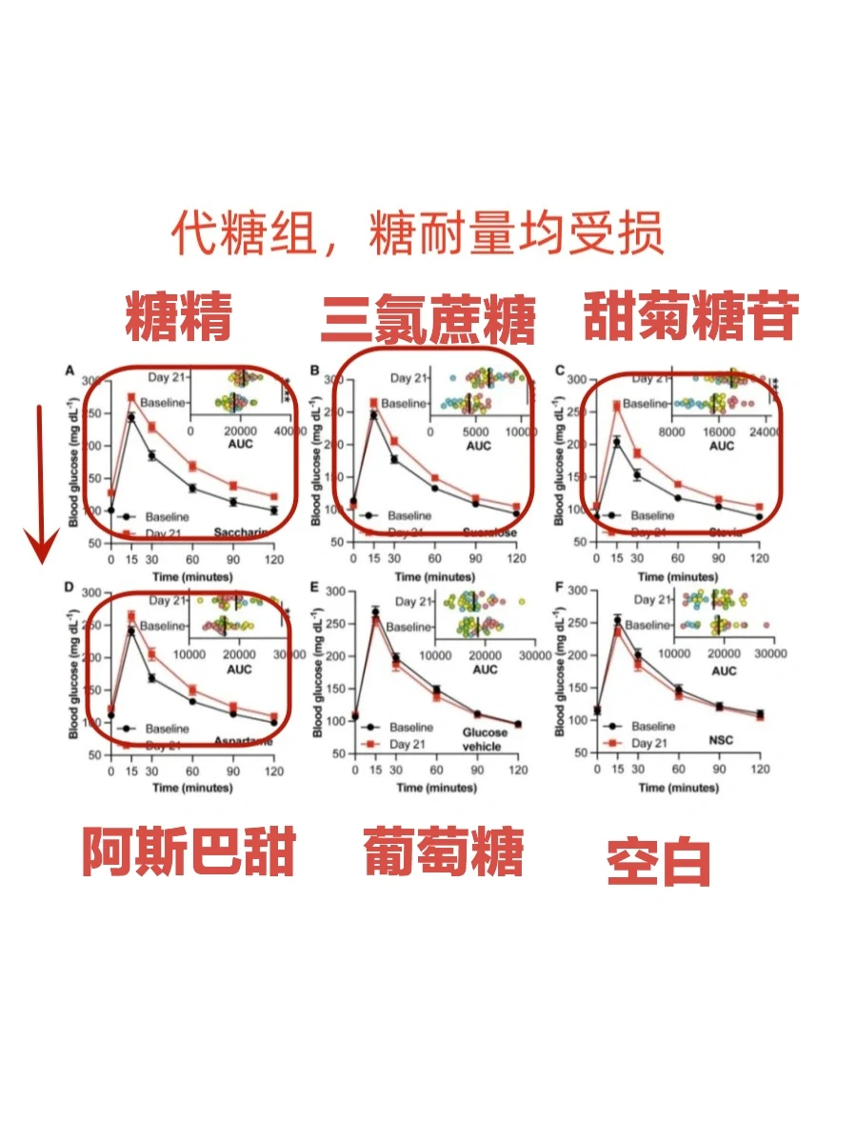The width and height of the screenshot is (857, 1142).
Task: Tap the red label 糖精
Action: [179, 316]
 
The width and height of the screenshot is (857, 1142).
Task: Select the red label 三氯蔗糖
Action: [428, 320]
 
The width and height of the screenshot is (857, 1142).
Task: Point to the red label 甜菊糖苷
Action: [689, 316]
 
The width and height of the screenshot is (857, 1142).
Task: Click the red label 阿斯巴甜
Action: [188, 851]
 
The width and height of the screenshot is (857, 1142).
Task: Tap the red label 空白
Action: [659, 862]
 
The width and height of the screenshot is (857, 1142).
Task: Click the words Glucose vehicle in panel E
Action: [485, 740]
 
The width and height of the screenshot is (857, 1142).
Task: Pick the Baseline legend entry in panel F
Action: [653, 727]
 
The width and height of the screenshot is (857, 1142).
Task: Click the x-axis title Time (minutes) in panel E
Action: [435, 788]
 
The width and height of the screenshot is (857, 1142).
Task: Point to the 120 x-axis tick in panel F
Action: [759, 769]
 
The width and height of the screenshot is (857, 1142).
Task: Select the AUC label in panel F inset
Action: [724, 671]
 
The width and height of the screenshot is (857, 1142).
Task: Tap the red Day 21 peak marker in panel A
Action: [131, 397]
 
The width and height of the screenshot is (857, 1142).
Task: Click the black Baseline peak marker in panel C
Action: [617, 442]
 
